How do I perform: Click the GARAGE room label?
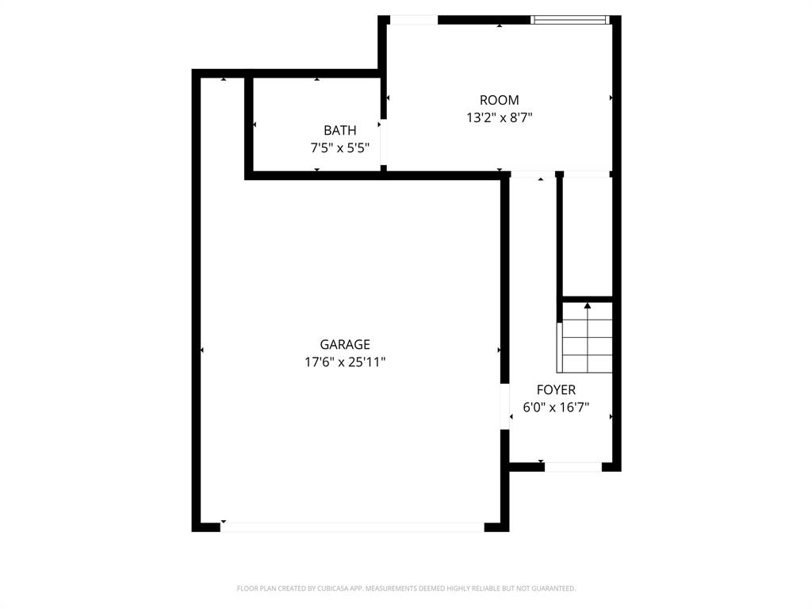tap(345, 344)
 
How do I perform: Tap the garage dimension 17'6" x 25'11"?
tap(345, 362)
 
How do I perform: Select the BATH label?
tap(339, 130)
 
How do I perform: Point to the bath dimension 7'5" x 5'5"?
tap(339, 147)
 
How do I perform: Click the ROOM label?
tap(500, 100)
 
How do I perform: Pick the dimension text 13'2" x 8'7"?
tap(500, 118)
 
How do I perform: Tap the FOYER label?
tap(556, 390)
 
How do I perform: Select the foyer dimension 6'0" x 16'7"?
tap(556, 408)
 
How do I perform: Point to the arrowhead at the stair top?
tap(588, 305)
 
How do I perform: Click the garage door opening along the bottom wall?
tap(352, 527)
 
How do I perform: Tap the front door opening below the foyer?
tap(573, 467)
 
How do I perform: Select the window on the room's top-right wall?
tap(570, 20)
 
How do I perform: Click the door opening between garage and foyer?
tap(504, 407)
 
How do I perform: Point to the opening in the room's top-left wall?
tap(414, 20)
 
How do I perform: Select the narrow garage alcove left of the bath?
tap(223, 127)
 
